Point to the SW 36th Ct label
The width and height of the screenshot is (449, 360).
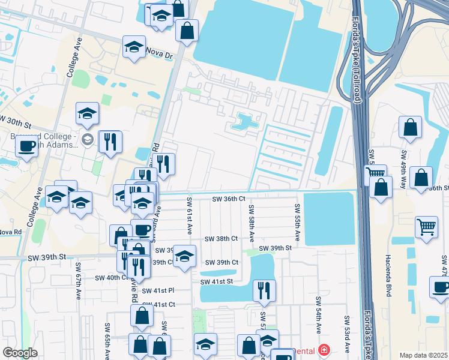[x=229, y=199]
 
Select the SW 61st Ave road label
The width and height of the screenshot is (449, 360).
[x=188, y=216]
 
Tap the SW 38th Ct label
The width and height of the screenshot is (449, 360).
[x=221, y=238]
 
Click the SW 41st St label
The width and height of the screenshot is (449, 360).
[x=216, y=281]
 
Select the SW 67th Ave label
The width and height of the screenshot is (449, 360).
[x=78, y=281]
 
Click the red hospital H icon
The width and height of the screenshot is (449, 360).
[x=324, y=349]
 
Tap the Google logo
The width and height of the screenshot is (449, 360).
[x=20, y=353]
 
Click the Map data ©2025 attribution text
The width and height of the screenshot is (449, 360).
[x=423, y=355]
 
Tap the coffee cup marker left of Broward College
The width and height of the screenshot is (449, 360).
[x=27, y=146]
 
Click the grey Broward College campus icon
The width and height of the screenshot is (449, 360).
[x=87, y=140]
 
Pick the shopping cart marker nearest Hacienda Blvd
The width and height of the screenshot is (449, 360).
[x=426, y=228]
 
